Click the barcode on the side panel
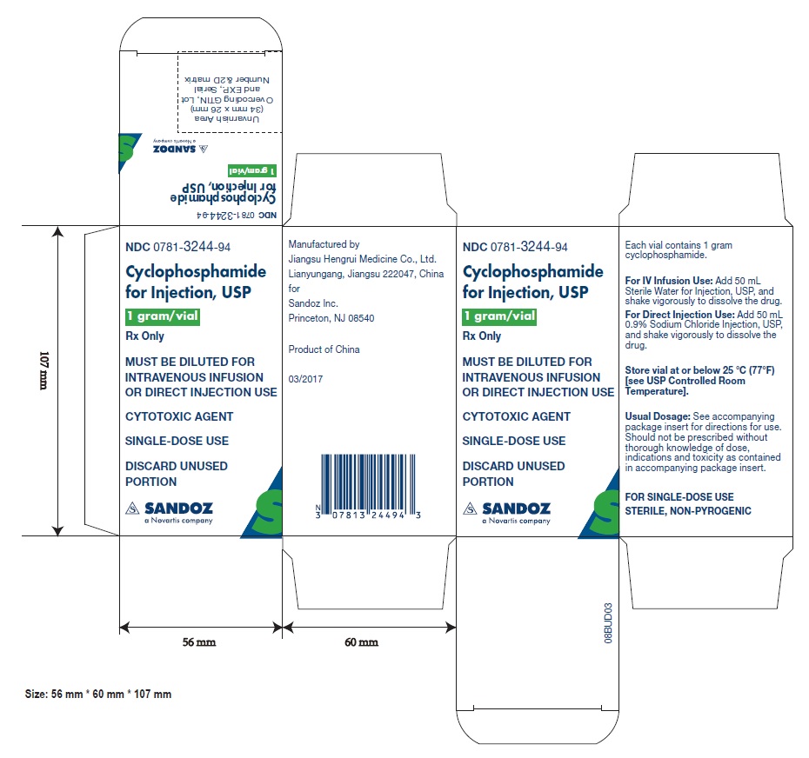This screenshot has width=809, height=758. click(x=368, y=486)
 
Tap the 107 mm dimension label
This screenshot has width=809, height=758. click(x=44, y=370)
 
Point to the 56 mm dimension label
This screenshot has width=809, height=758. click(x=199, y=642)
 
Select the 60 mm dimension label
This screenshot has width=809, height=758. click(x=361, y=642)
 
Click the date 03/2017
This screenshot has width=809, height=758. click(x=305, y=379)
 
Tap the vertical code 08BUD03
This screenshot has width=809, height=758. click(x=608, y=623)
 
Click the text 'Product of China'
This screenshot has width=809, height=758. click(x=324, y=349)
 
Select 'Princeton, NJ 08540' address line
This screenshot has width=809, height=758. click(x=331, y=318)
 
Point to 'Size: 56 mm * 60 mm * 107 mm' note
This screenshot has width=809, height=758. click(x=98, y=694)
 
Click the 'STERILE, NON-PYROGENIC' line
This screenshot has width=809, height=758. click(x=688, y=510)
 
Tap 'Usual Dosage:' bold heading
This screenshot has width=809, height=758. click(x=658, y=416)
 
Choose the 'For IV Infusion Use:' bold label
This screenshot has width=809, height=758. click(x=669, y=281)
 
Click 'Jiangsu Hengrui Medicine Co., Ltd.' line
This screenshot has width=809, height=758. click(x=362, y=259)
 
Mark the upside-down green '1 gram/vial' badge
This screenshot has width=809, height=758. click(x=252, y=170)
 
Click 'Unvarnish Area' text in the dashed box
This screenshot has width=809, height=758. click(x=227, y=118)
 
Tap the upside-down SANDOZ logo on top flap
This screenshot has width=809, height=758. click(x=180, y=147)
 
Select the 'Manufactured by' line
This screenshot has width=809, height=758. click(x=324, y=244)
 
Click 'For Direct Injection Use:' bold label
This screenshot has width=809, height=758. click(x=679, y=315)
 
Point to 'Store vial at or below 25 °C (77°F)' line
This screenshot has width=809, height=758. click(x=699, y=370)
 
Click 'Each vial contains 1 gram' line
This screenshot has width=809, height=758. click(x=679, y=245)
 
